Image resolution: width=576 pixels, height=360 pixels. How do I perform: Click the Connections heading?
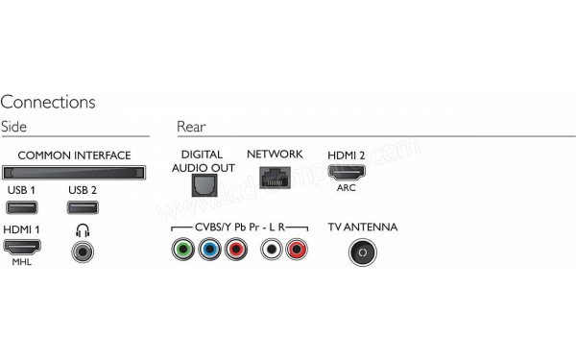(x=48, y=102)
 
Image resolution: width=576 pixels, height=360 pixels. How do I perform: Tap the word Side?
(x=14, y=127)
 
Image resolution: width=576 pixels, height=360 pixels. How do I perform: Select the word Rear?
(x=191, y=127)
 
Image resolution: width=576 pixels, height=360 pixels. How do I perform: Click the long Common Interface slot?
(x=74, y=173)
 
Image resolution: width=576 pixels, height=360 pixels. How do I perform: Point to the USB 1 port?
(x=21, y=208)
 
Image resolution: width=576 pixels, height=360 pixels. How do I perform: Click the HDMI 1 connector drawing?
(x=21, y=248)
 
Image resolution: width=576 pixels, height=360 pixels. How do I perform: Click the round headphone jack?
(x=84, y=252)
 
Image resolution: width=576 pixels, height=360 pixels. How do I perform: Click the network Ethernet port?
(x=275, y=179)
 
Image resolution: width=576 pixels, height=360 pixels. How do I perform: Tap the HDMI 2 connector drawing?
(x=348, y=174)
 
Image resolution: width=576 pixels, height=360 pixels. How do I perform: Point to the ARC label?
(x=348, y=189)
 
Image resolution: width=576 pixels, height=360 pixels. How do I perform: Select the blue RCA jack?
(x=208, y=252)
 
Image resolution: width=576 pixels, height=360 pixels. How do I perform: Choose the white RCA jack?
(x=273, y=252)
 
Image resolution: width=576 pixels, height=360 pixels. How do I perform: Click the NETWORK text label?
(x=275, y=155)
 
